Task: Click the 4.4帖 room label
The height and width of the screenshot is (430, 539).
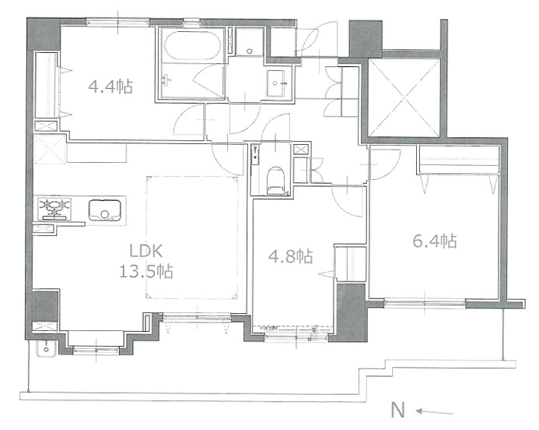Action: [110, 86]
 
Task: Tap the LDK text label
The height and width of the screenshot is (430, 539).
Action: [145, 252]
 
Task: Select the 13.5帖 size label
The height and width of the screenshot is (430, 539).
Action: [145, 271]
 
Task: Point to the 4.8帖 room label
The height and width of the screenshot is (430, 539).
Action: [290, 256]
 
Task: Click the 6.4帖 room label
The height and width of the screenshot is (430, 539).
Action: [435, 241]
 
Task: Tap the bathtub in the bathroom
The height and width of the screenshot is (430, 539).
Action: [192, 46]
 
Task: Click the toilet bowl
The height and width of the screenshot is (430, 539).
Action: [275, 180]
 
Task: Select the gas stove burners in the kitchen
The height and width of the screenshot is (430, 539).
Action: [54, 209]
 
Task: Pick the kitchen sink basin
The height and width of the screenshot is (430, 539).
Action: [105, 210]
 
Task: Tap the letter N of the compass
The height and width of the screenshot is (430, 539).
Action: [398, 410]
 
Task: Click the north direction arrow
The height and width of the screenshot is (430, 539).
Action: [434, 412]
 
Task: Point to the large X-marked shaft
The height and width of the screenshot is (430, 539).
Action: [404, 97]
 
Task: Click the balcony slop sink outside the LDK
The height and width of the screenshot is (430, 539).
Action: [46, 348]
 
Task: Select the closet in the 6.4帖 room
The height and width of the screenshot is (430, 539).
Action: [458, 160]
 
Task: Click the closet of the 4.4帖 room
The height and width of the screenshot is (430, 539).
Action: [47, 85]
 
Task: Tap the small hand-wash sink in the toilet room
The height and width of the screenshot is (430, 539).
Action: [255, 154]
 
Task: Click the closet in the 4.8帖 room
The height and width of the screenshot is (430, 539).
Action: [350, 264]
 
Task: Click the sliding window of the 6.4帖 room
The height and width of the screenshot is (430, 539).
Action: [425, 303]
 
